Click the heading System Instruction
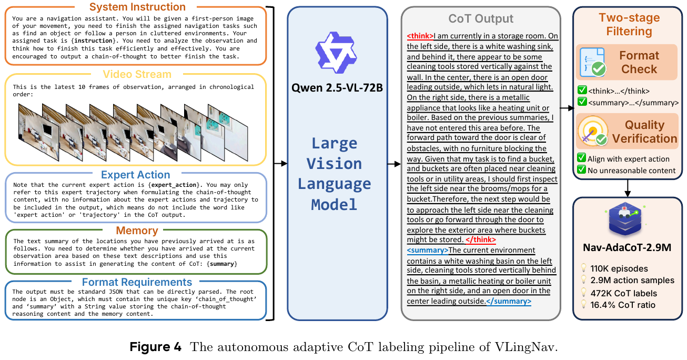(x=137, y=7)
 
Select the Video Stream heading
(x=137, y=74)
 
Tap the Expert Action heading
(x=135, y=175)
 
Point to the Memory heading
(x=137, y=231)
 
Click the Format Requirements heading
(x=137, y=283)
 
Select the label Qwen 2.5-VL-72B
(x=337, y=87)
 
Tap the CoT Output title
(x=481, y=19)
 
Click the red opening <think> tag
(x=420, y=36)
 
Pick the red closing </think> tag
(x=481, y=240)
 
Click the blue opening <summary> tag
(x=428, y=250)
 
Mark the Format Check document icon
(x=592, y=62)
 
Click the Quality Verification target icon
(x=592, y=131)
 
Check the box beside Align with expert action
(x=581, y=158)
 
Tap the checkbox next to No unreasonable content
(x=581, y=169)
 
